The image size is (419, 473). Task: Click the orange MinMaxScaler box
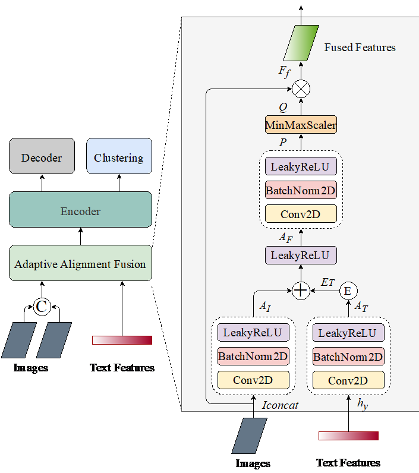(301, 125)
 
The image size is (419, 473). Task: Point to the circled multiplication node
(301, 90)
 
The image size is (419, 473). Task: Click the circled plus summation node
(301, 291)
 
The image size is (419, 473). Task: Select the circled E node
(348, 291)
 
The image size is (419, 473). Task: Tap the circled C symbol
(42, 307)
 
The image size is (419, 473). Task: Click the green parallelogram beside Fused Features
(301, 43)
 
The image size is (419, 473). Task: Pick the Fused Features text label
(360, 48)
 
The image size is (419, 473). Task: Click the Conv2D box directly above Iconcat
(253, 380)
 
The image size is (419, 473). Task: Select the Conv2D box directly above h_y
(348, 380)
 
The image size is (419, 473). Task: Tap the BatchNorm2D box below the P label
(301, 190)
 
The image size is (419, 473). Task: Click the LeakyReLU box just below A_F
(301, 256)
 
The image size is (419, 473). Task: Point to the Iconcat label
(280, 405)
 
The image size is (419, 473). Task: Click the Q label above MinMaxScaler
(283, 108)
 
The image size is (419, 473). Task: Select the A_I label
(264, 307)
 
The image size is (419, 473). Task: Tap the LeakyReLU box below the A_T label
(348, 333)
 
